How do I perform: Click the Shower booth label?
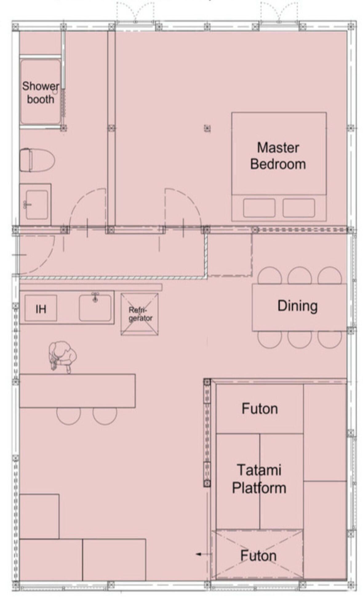pos(40,93)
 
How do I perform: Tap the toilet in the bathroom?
pos(37,160)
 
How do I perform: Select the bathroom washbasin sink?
pos(37,204)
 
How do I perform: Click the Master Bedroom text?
pos(278,156)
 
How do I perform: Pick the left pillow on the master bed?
pos(259,208)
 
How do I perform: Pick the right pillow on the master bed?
pos(298,208)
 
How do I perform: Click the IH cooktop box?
pos(41,308)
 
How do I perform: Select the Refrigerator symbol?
pos(139,314)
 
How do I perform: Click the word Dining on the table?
pos(297,306)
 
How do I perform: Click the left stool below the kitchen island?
pos(68,416)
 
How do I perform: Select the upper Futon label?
pos(259,409)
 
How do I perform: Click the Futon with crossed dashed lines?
pos(259,555)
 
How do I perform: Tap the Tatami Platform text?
pos(259,479)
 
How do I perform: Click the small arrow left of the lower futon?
pos(199,554)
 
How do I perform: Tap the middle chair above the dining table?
pos(299,275)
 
